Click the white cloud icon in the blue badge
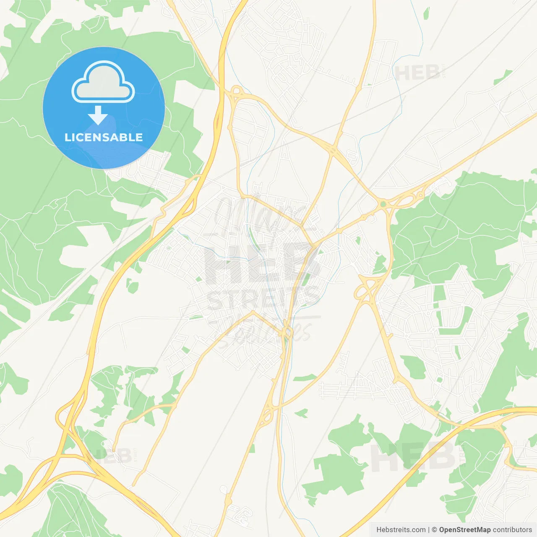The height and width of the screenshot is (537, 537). [x=103, y=82]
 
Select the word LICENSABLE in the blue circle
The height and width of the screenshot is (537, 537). [x=104, y=137]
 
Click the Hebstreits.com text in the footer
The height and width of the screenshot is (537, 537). [x=401, y=530]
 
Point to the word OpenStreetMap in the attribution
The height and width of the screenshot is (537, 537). [x=464, y=530]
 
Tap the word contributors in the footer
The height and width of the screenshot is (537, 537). [x=512, y=530]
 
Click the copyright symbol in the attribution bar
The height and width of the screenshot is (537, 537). [x=435, y=530]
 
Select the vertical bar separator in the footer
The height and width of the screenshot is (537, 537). [x=429, y=530]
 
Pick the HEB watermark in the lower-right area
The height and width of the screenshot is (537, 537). [x=413, y=457]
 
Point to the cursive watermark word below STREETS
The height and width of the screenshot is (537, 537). [x=268, y=331]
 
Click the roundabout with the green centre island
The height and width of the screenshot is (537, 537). [x=383, y=204]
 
